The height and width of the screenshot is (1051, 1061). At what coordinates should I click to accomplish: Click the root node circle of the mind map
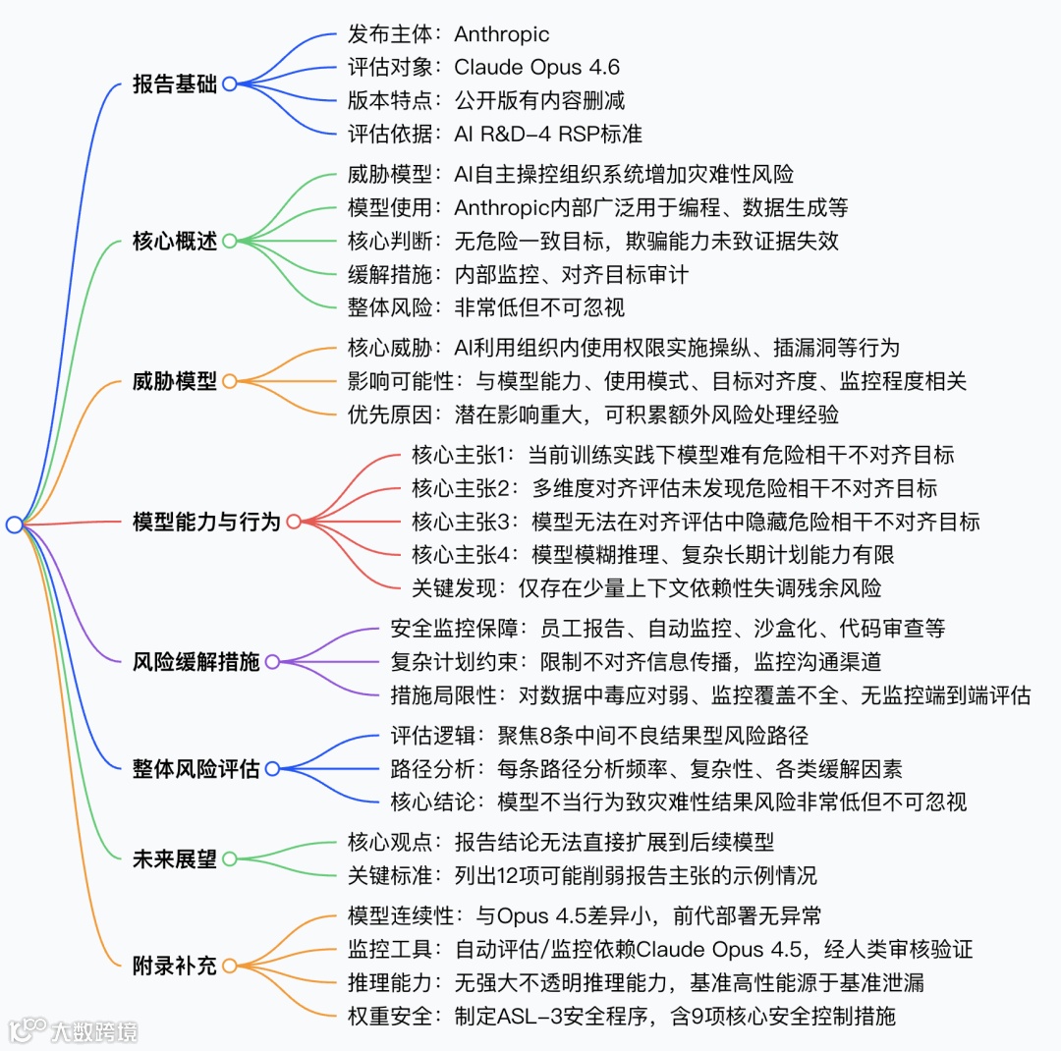pyautogui.click(x=14, y=525)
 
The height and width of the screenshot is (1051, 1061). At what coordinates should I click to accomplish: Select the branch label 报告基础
pyautogui.click(x=175, y=83)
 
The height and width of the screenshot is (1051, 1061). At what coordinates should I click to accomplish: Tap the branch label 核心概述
pyautogui.click(x=175, y=241)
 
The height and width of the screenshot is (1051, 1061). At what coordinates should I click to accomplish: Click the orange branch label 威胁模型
pyautogui.click(x=175, y=380)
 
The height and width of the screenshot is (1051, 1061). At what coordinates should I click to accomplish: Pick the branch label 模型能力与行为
pyautogui.click(x=206, y=522)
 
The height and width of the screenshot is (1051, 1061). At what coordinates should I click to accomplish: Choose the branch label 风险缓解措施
pyautogui.click(x=195, y=661)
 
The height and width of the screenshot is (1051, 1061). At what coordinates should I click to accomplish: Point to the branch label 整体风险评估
pyautogui.click(x=195, y=768)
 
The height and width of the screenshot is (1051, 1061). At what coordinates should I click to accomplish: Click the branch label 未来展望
pyautogui.click(x=175, y=858)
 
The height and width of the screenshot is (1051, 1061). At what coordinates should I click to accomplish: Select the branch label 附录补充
pyautogui.click(x=175, y=965)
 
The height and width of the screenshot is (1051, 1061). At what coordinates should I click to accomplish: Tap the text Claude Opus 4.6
pyautogui.click(x=536, y=68)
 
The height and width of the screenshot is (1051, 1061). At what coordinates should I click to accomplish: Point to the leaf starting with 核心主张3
pyautogui.click(x=696, y=522)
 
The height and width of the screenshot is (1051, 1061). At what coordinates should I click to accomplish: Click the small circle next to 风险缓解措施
pyautogui.click(x=272, y=661)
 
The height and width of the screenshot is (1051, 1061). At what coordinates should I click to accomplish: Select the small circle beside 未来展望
pyautogui.click(x=230, y=858)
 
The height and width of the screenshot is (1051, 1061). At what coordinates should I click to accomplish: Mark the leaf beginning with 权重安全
pyautogui.click(x=622, y=1016)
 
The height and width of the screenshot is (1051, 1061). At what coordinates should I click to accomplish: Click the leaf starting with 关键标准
pyautogui.click(x=582, y=874)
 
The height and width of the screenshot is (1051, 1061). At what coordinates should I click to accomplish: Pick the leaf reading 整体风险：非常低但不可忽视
pyautogui.click(x=486, y=306)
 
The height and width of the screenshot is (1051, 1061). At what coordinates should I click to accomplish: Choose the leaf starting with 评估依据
pyautogui.click(x=495, y=134)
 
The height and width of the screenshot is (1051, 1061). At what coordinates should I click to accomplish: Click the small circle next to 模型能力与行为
pyautogui.click(x=293, y=522)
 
